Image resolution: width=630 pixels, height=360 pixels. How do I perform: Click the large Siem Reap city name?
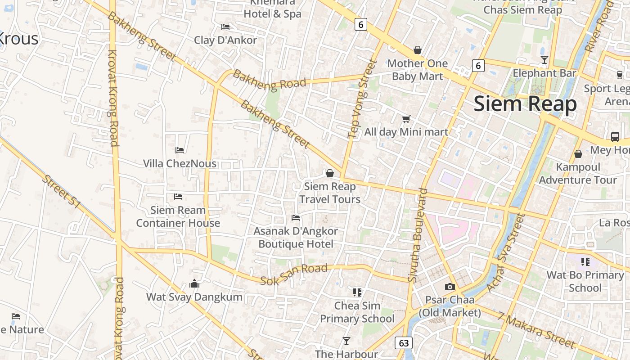pos(525,103)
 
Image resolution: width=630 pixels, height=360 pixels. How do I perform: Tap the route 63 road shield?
pos(404,343)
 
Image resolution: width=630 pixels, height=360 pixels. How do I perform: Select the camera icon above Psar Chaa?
pos(450,287)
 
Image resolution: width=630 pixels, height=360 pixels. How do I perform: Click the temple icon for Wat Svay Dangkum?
pos(194,283)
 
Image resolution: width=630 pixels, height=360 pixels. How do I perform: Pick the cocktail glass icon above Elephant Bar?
pos(544,60)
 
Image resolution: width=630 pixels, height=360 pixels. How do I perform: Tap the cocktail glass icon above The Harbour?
pos(346,341)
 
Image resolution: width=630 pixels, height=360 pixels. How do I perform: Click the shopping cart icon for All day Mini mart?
pos(406,119)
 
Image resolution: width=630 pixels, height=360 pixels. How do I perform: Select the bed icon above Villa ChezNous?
pos(180,150)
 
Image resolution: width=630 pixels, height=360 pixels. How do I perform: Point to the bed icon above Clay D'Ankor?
pos(225,27)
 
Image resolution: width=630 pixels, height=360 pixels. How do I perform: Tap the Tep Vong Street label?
pos(361,99)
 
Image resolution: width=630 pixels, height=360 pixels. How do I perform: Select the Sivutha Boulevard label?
pos(417,235)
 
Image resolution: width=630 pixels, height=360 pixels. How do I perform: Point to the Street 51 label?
pos(61,191)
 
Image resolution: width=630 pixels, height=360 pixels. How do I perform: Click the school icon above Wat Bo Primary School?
pos(585,261)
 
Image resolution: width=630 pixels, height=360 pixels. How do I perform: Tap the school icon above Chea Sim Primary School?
pos(357,292)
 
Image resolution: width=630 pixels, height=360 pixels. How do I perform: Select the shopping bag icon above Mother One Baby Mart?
pos(418,50)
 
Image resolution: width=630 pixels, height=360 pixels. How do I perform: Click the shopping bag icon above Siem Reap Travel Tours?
pos(330,173)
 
